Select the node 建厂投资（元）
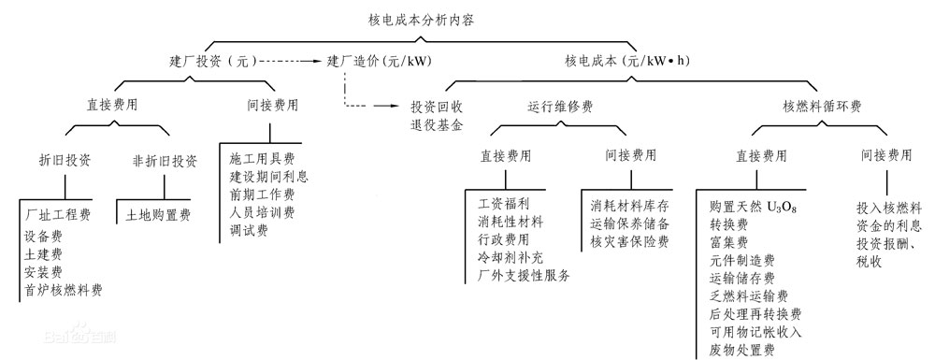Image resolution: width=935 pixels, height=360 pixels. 209,62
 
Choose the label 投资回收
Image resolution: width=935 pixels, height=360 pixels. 437,107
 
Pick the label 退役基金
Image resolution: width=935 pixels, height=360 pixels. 437,124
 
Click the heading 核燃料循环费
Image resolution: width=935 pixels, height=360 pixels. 822,107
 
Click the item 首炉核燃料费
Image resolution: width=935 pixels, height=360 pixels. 65,291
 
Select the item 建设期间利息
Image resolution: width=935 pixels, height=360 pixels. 268,175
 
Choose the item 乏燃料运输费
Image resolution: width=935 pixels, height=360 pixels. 756,296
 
